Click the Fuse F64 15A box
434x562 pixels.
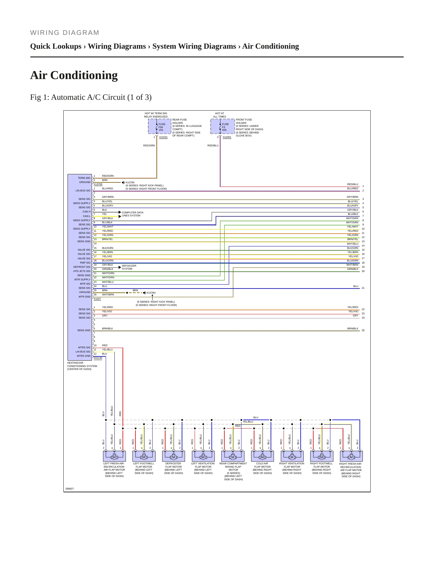coord(159,127)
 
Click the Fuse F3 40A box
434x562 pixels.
coord(223,127)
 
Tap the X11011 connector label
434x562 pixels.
coord(163,137)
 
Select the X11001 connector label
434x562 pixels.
coord(227,137)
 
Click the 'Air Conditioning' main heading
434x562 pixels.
coord(74,75)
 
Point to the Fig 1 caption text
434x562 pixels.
coord(91,97)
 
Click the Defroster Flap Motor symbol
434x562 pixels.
coord(173,456)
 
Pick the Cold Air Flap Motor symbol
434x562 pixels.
coord(262,456)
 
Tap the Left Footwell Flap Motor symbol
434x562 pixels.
coord(144,456)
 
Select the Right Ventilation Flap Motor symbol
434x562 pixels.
coord(292,456)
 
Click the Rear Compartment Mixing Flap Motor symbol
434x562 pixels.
coord(233,456)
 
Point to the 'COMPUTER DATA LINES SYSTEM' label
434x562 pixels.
coord(132,214)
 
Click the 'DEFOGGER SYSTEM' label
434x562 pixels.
coord(129,267)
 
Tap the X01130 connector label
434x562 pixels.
coord(98,358)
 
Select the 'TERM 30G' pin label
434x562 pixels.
coord(84,178)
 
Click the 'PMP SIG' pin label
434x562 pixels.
coord(85,263)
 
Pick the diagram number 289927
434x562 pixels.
coord(70,489)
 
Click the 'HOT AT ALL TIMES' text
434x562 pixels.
coord(220,115)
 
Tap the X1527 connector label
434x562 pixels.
coord(97,299)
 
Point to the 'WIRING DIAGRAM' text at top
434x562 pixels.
coord(65,33)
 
